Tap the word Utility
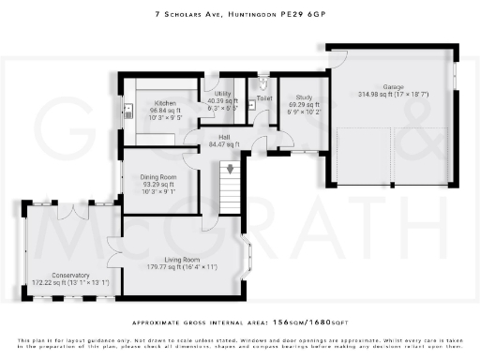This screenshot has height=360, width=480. tap(222, 95)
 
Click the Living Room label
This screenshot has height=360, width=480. tap(182, 259)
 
